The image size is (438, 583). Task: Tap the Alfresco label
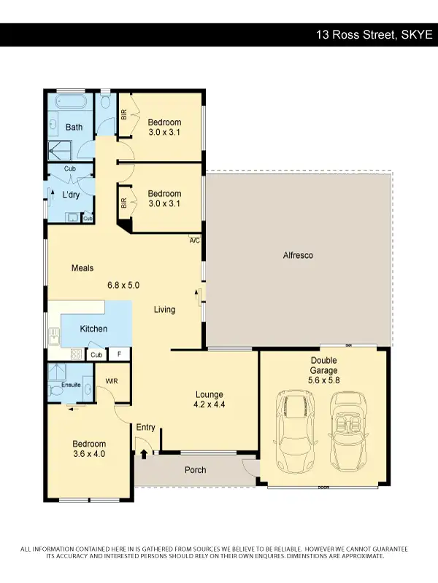[298, 256]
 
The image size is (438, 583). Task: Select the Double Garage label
[323, 366]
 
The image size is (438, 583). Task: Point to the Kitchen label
[93, 329]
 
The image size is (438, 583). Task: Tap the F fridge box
[119, 355]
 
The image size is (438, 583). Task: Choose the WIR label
[112, 381]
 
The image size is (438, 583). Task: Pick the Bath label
[74, 128]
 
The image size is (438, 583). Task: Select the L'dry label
[71, 195]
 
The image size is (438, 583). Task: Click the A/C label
[194, 240]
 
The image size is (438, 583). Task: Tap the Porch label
[196, 470]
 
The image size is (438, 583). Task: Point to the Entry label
[145, 427]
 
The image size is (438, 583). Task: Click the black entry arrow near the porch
[143, 453]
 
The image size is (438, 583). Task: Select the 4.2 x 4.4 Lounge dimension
[208, 404]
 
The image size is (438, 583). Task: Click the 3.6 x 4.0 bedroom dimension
[89, 455]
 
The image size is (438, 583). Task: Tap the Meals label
[82, 268]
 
